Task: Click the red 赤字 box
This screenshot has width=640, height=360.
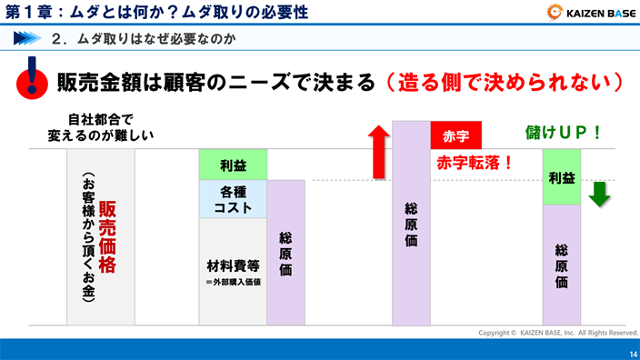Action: click(x=455, y=135)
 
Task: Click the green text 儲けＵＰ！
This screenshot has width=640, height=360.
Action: click(x=564, y=132)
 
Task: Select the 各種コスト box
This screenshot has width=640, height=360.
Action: click(x=233, y=199)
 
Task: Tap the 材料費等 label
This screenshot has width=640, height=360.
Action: click(x=233, y=266)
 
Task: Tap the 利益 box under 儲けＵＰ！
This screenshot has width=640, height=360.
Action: click(x=561, y=177)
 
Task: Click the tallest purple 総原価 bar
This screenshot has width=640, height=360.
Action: click(x=410, y=223)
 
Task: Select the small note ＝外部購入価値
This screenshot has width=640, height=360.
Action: click(x=233, y=282)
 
